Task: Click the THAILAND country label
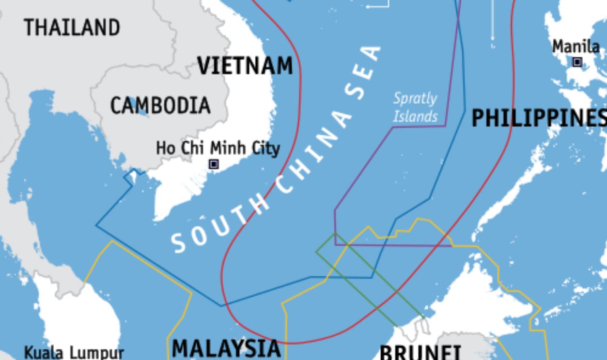(x=72, y=28)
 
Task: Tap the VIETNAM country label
(x=245, y=66)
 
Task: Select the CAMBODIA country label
(x=160, y=106)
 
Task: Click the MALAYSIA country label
(x=226, y=348)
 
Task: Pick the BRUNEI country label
(x=420, y=352)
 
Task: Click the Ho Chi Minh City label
(x=218, y=148)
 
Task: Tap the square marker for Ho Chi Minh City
(x=214, y=165)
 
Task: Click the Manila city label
(x=576, y=47)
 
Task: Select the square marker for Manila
(x=577, y=62)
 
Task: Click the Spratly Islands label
(x=415, y=107)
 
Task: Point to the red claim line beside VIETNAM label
(x=300, y=73)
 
